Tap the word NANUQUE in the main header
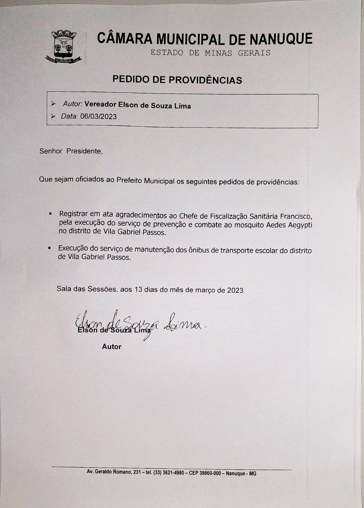[x=281, y=39]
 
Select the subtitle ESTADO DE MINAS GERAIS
[x=210, y=53]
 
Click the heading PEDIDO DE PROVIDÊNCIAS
[x=177, y=80]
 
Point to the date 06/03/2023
[x=98, y=117]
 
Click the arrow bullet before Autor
[x=53, y=104]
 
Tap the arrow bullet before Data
[x=53, y=116]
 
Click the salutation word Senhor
[x=51, y=151]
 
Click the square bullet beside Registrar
[x=50, y=214]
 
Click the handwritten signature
[x=140, y=324]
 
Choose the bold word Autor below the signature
[x=111, y=347]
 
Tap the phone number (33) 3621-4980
[x=169, y=472]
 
